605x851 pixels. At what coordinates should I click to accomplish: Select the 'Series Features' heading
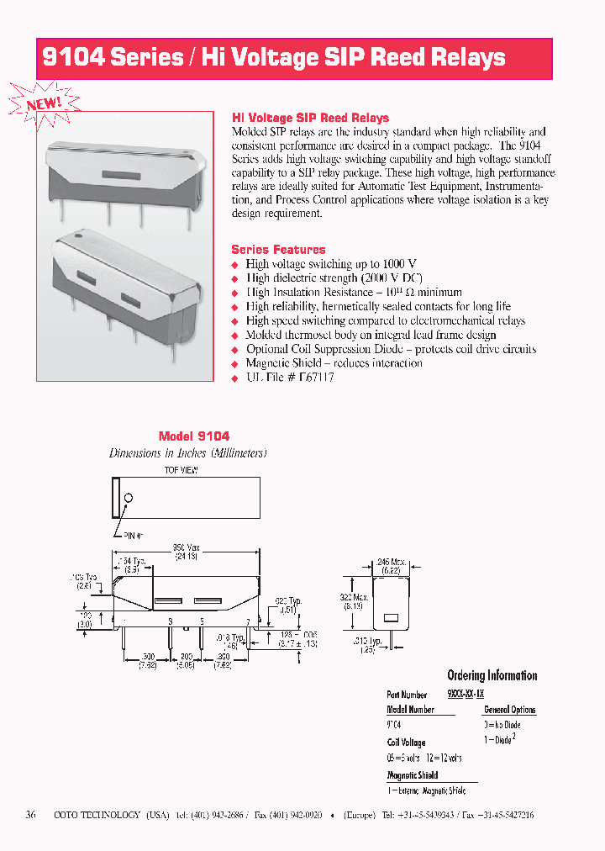(278, 249)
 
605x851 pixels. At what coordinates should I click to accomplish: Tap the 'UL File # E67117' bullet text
(290, 378)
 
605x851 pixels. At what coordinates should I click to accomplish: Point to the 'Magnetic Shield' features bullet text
(334, 363)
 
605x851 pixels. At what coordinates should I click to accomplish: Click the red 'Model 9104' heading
(194, 436)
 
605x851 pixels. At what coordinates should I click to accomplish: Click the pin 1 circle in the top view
(129, 498)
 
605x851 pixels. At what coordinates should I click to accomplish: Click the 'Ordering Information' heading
(492, 675)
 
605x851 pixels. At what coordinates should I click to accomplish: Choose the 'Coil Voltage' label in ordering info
(406, 743)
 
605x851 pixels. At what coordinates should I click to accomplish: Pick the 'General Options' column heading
(509, 710)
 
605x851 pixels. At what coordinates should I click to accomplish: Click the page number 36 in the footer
(31, 815)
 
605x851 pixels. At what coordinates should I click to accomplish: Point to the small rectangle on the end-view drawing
(390, 618)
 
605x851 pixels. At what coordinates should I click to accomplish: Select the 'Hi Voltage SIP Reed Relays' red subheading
(310, 118)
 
